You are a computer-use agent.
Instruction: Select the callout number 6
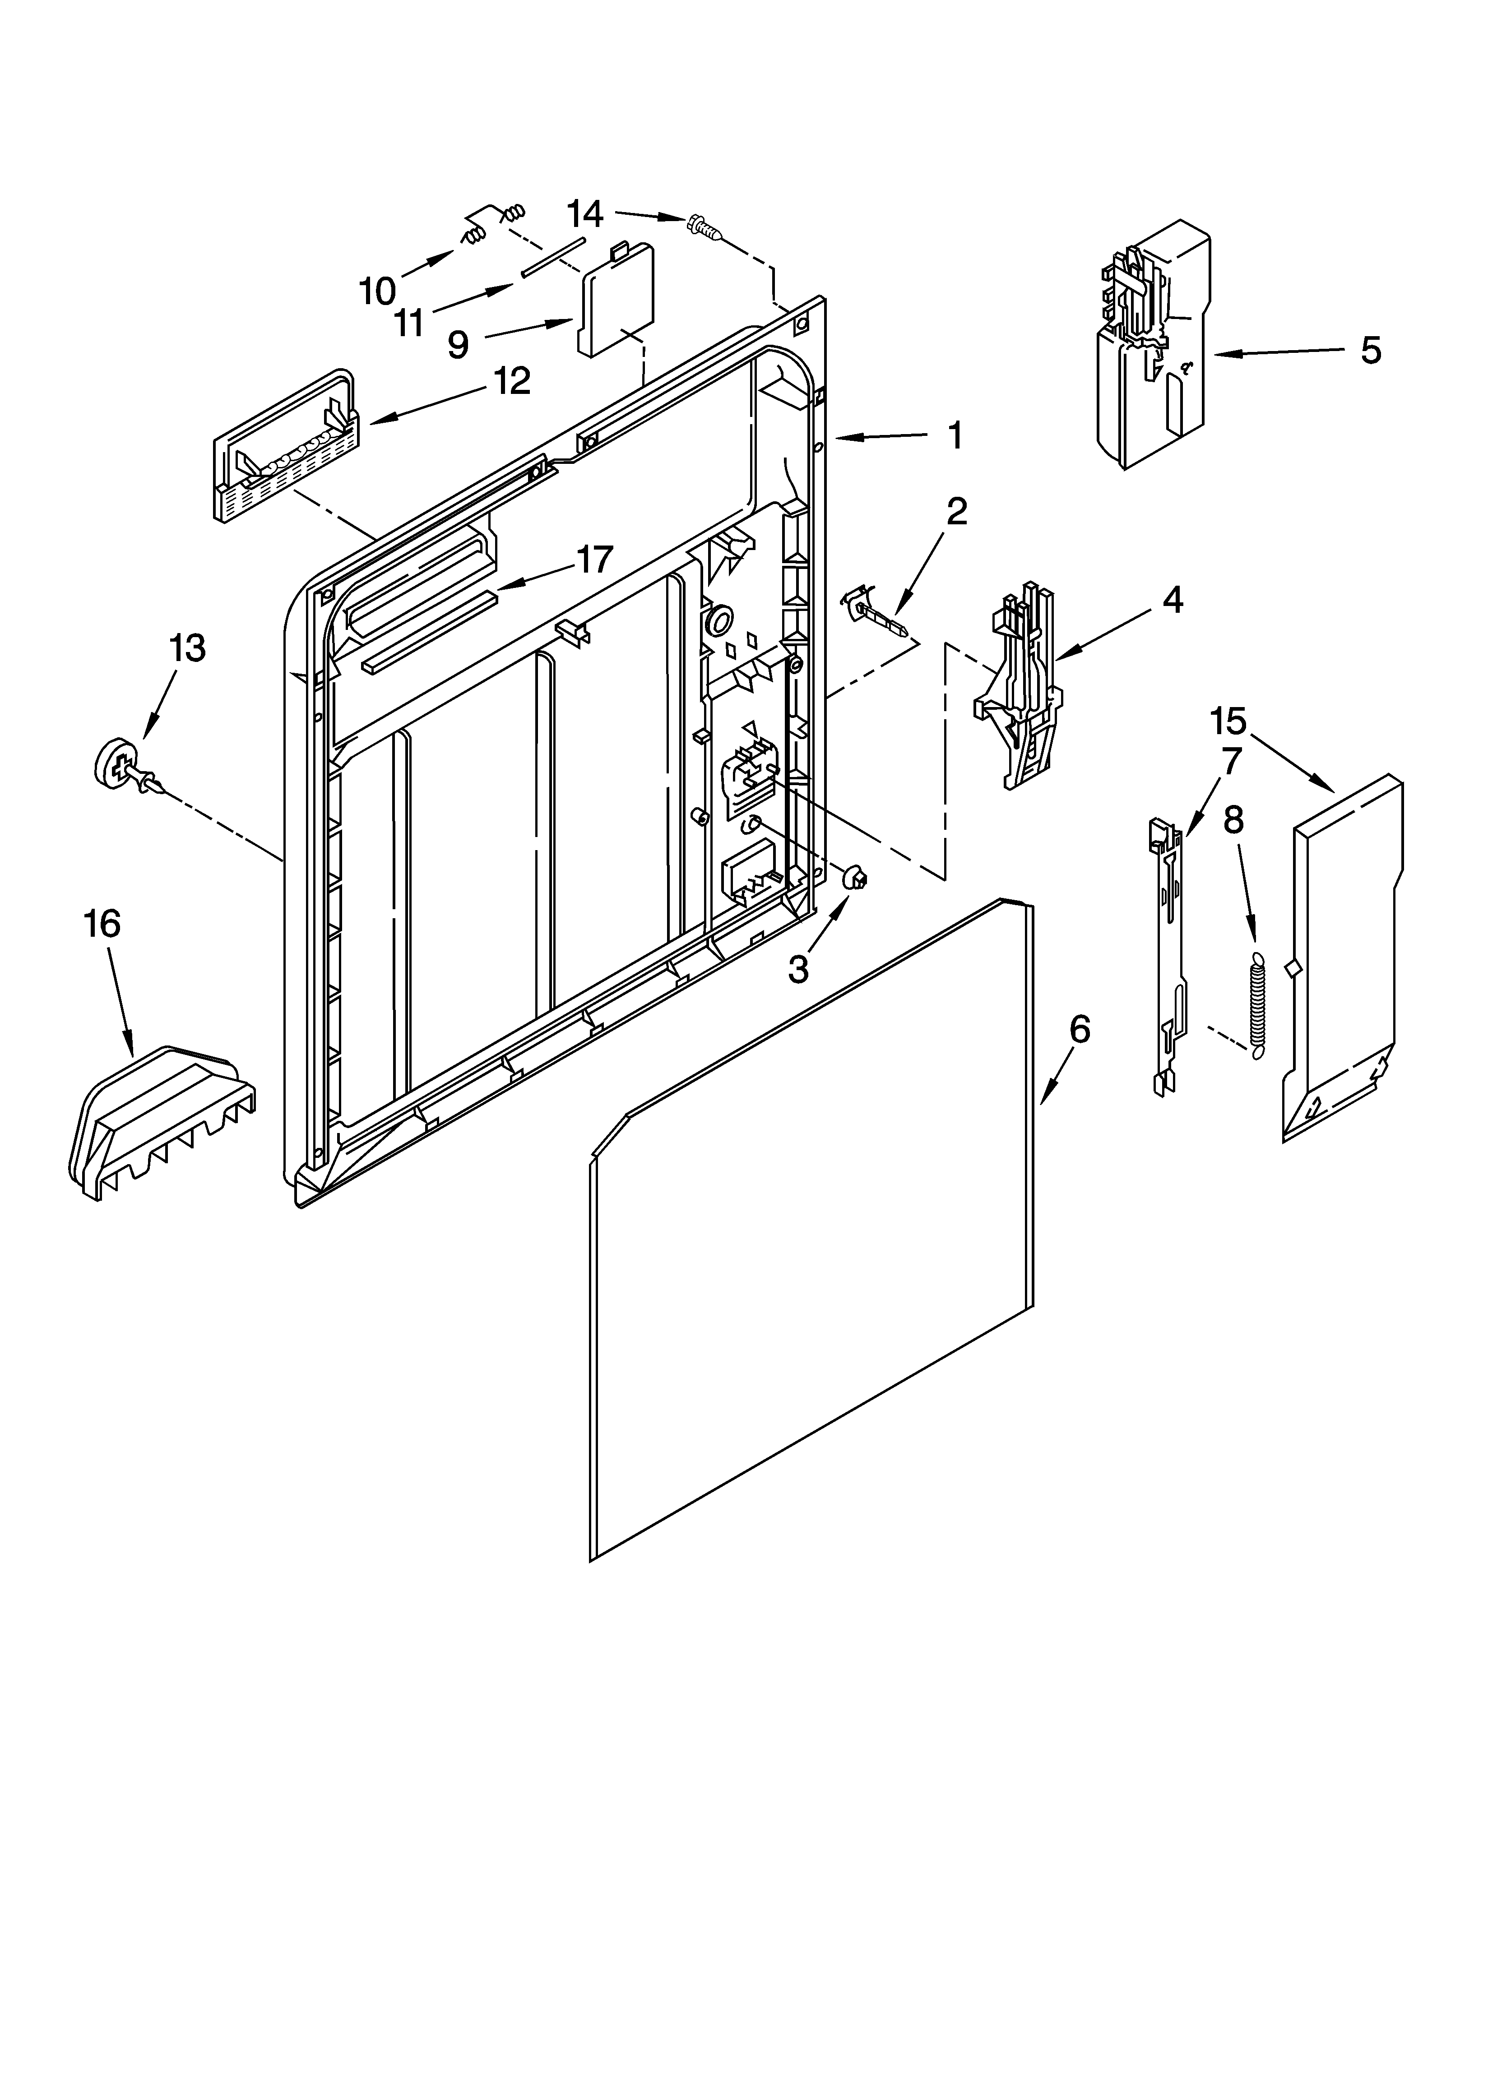[x=1080, y=1030]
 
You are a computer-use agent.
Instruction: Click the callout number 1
[x=956, y=435]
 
